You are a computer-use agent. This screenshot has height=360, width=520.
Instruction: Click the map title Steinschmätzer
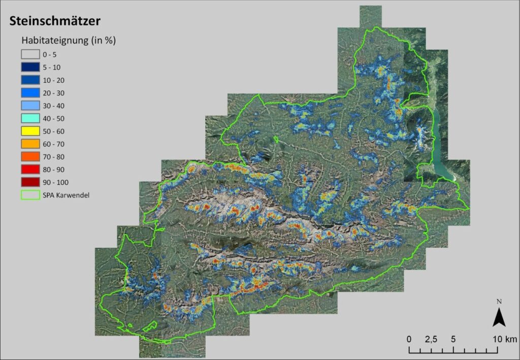55,21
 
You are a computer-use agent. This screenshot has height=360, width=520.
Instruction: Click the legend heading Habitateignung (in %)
69,41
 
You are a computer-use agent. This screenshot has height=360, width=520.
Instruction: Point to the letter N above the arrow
499,302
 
